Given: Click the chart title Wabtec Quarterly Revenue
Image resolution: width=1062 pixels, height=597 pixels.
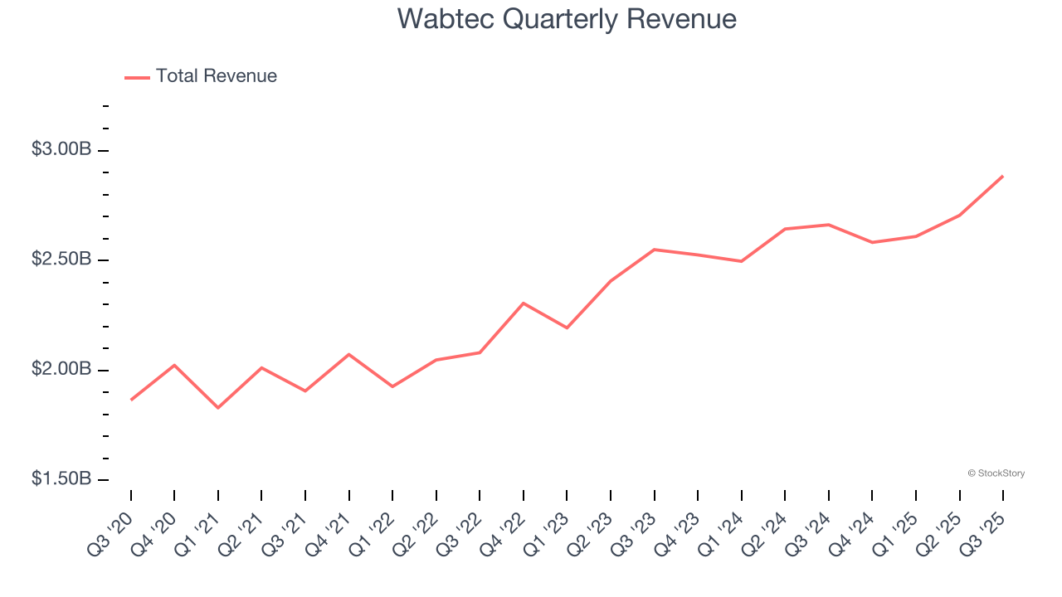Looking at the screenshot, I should coord(567,18).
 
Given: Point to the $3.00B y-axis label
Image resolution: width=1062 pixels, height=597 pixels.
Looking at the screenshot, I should coord(61,150).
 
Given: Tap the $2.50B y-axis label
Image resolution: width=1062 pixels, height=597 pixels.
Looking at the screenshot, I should coord(61,260).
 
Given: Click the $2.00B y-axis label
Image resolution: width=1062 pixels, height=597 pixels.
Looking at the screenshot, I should coord(61,369).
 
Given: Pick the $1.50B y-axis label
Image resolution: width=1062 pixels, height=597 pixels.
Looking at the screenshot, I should coord(61,479).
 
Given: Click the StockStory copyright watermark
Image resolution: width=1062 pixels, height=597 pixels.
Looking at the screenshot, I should coord(996,473).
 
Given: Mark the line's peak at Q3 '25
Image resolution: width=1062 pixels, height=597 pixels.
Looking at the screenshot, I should coord(1003,176).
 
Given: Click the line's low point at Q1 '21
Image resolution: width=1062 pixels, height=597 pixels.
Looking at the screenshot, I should coord(218,408).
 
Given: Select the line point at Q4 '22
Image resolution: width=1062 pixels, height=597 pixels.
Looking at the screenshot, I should coord(524,303).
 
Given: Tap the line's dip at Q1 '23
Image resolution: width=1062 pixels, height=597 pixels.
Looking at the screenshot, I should coord(567,328).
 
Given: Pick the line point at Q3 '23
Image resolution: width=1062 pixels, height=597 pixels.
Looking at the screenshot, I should coord(655,250).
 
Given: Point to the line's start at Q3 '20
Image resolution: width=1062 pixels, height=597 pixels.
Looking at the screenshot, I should coord(131,400).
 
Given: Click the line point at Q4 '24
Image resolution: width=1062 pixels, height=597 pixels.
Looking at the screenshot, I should coord(872,242).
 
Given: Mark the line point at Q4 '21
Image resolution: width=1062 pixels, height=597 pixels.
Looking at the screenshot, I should coord(349,354).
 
